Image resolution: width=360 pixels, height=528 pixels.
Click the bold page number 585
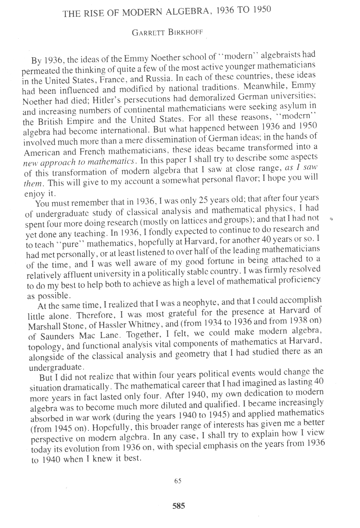tap(179, 506)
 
